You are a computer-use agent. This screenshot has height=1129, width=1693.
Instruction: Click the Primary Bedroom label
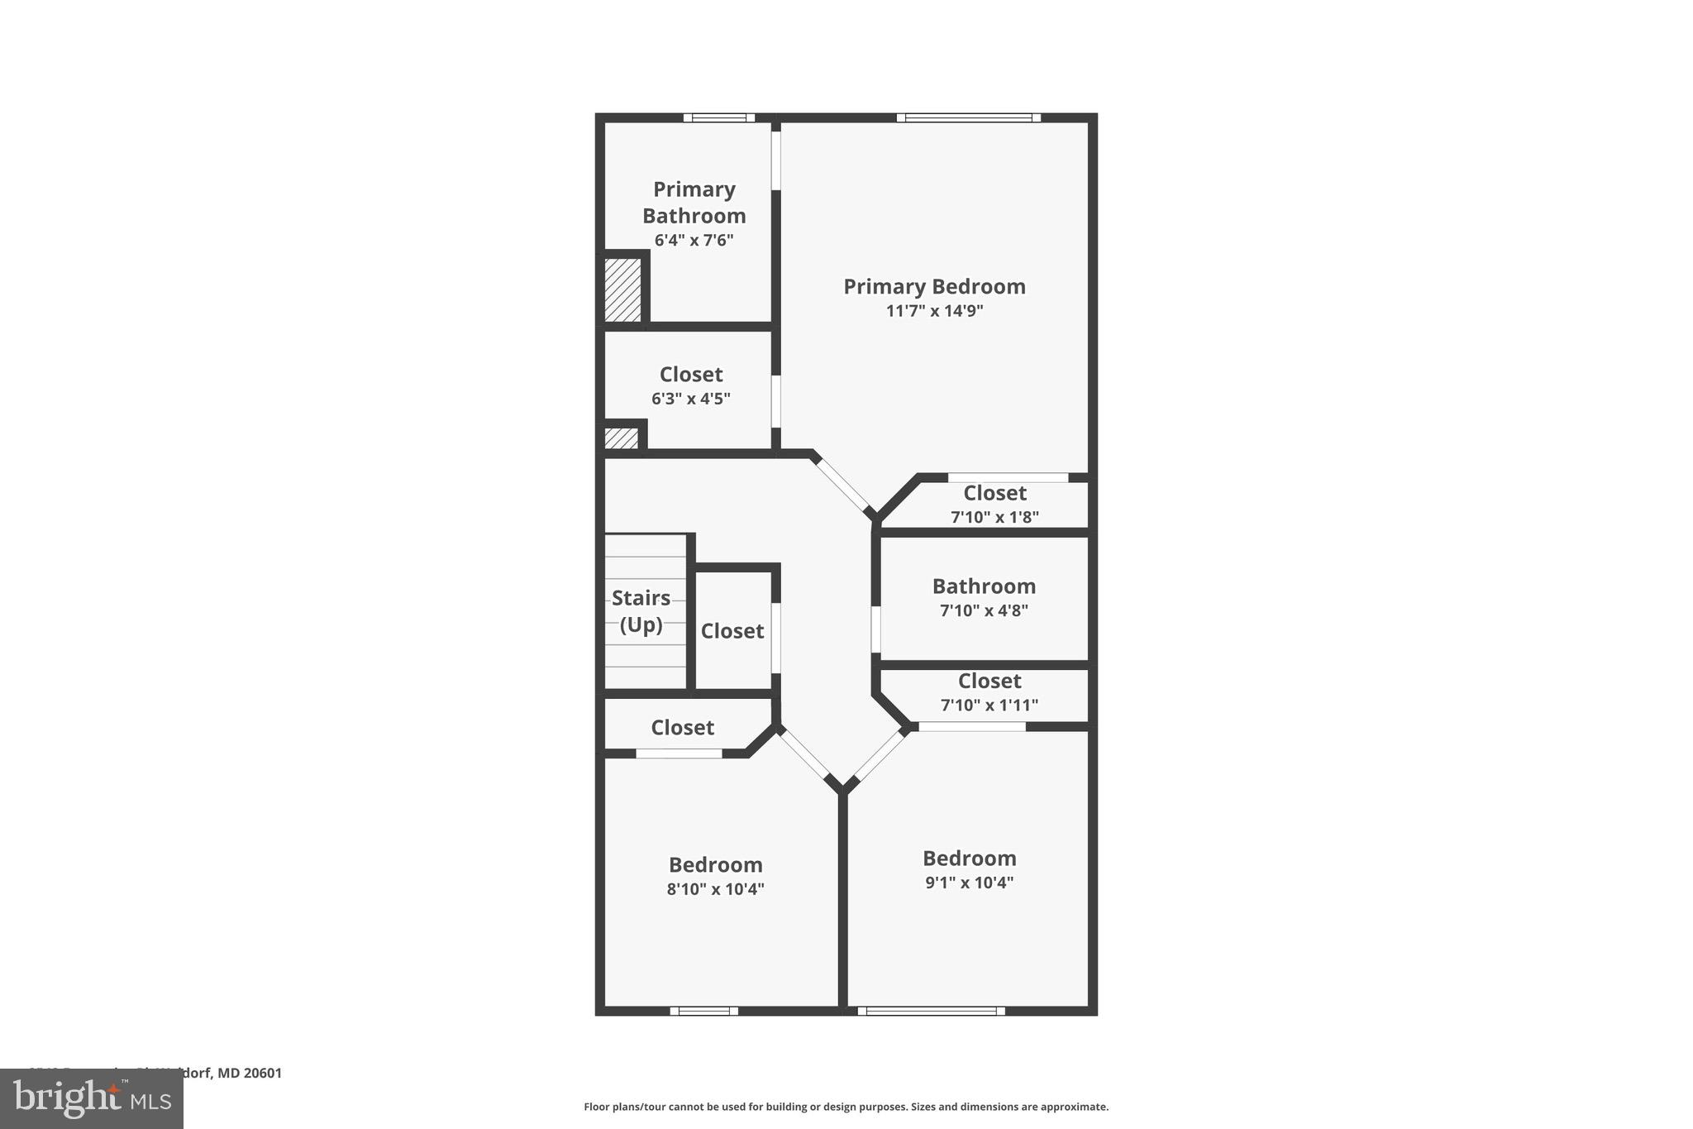point(934,286)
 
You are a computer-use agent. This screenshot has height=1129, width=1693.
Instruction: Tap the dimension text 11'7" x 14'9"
point(934,311)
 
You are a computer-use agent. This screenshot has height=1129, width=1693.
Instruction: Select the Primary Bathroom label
point(694,203)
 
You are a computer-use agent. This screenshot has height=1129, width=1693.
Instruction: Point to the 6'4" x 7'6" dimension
point(694,241)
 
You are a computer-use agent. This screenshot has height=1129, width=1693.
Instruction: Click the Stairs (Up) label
point(641,610)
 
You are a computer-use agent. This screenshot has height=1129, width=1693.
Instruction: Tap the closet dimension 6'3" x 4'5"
point(691,399)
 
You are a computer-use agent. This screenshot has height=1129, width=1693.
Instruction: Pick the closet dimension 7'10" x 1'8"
point(994,517)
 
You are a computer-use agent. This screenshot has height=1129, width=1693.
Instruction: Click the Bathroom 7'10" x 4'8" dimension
point(984,610)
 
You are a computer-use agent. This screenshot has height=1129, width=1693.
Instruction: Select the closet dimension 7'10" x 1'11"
point(990,705)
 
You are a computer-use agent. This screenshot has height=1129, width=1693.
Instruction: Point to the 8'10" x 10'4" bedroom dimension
point(716,889)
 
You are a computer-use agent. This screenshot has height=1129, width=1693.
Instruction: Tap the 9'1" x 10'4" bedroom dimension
point(970,882)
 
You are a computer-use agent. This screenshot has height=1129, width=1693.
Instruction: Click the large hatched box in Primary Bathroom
point(623,289)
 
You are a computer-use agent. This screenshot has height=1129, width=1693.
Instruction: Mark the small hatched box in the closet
point(622,438)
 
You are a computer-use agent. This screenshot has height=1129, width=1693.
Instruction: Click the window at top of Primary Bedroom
point(969,117)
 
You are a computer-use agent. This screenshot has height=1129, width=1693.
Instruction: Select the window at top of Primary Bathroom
point(719,117)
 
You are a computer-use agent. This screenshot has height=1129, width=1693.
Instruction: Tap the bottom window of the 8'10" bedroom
point(703,1011)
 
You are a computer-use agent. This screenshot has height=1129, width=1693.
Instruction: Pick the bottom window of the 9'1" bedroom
point(932,1011)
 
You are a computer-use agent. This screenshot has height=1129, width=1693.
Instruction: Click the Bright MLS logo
point(92,1099)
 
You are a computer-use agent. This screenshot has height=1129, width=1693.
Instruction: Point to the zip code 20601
point(263,1074)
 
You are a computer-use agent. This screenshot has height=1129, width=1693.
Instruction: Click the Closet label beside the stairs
point(732,631)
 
